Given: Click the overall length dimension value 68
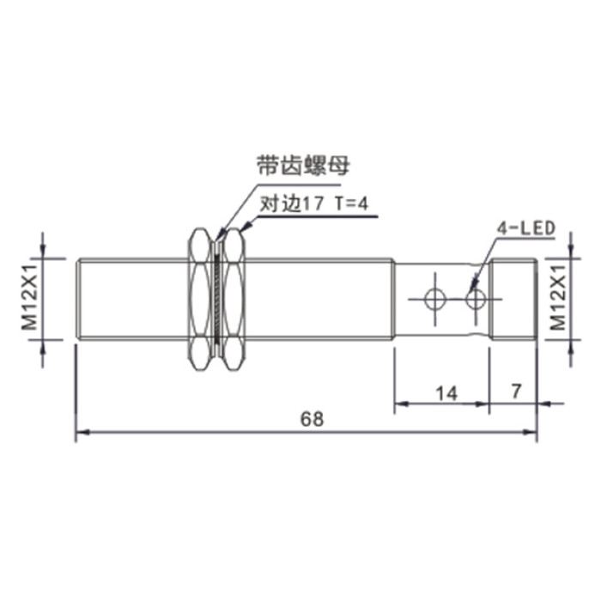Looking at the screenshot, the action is pos(312,419).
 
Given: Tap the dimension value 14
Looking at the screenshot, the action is pos(446,393).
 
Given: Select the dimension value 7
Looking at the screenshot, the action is pos(516,391).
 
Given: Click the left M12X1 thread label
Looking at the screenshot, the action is pos(29,297).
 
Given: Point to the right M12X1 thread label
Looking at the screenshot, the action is pos(558,297).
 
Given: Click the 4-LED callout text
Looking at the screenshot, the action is pos(525,228).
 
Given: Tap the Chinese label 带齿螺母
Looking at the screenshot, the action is pos(303,166).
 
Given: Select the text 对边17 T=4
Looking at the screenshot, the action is pos(314,203).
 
